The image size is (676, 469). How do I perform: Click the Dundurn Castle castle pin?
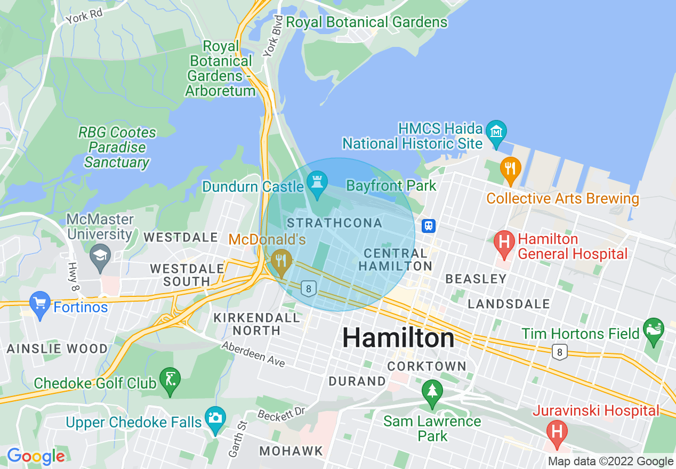(318, 184)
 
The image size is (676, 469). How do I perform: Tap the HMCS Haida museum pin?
(497, 131)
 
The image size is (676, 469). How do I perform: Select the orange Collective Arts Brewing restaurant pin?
(510, 168)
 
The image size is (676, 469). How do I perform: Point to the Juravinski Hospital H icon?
(557, 430)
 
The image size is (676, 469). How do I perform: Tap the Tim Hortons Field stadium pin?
(654, 329)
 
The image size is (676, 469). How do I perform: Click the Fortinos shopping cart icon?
(40, 304)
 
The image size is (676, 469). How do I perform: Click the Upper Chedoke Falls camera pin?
(215, 418)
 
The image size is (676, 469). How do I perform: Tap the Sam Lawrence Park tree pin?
(432, 392)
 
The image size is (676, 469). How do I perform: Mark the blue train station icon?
(429, 225)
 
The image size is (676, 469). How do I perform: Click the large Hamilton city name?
(398, 338)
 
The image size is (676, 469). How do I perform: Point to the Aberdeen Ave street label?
(253, 354)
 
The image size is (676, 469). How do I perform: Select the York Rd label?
(84, 18)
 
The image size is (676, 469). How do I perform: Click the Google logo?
(36, 457)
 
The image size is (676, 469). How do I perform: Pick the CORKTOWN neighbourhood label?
(426, 366)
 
